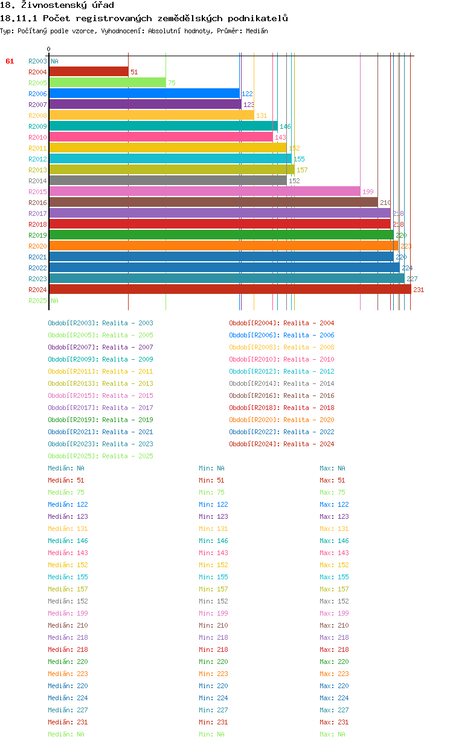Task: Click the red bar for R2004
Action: (x=88, y=72)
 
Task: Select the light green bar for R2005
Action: (x=107, y=83)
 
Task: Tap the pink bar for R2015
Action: (x=204, y=192)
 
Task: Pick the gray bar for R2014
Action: (x=167, y=181)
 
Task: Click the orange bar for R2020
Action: (x=223, y=246)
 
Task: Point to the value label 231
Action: (x=419, y=290)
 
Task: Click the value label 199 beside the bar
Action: (x=368, y=192)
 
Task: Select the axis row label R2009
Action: (x=37, y=126)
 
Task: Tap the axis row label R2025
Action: (x=37, y=301)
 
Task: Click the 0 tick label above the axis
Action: (x=49, y=50)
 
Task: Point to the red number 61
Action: (x=10, y=61)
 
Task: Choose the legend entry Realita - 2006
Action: (x=309, y=335)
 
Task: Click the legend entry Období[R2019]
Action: (x=74, y=420)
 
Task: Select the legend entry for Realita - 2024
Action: (x=309, y=444)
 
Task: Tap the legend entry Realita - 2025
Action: (x=127, y=456)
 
